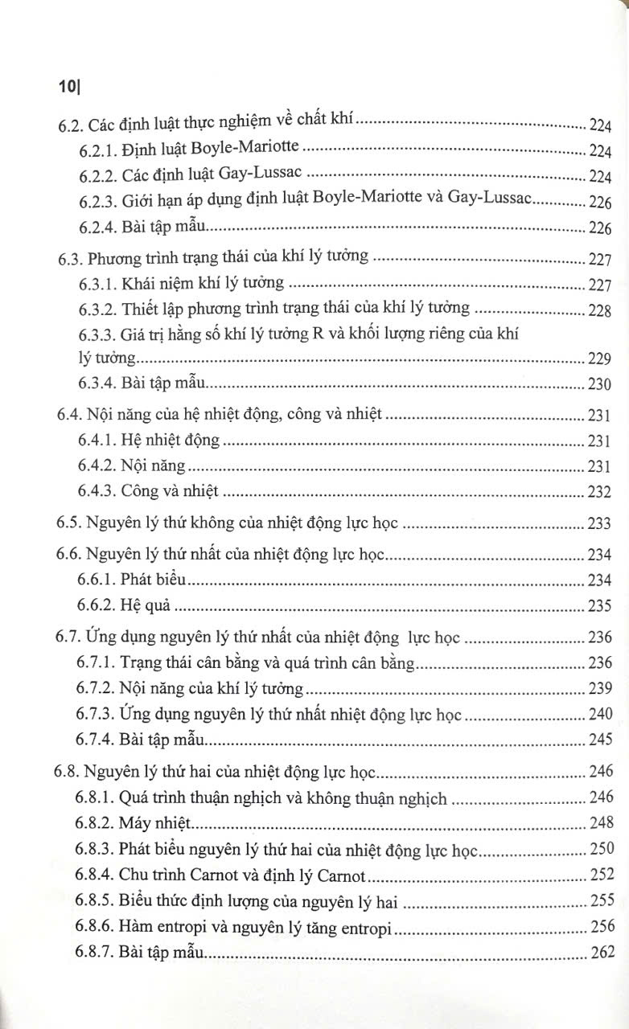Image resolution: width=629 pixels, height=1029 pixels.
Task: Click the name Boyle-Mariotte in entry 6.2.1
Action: [x=250, y=150]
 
